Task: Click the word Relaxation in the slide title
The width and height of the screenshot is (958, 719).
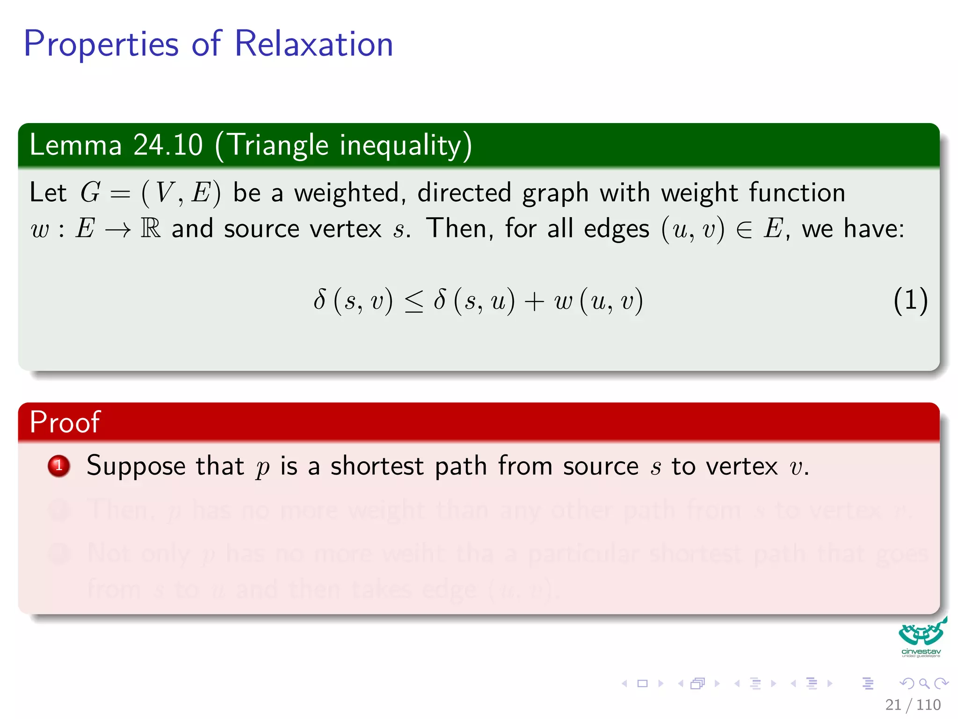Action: pyautogui.click(x=313, y=44)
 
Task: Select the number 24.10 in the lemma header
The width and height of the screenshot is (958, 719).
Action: pyautogui.click(x=168, y=145)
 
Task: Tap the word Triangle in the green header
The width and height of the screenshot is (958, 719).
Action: pyautogui.click(x=278, y=146)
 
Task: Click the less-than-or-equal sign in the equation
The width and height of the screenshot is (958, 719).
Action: pyautogui.click(x=414, y=301)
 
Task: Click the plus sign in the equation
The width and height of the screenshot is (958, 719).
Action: pyautogui.click(x=534, y=301)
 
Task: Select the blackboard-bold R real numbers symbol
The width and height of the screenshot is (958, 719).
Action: pyautogui.click(x=151, y=229)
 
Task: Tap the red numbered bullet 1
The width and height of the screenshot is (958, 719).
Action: pyautogui.click(x=59, y=466)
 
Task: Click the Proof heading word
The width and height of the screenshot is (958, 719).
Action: pyautogui.click(x=65, y=422)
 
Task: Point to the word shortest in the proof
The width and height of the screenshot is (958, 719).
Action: pyautogui.click(x=377, y=466)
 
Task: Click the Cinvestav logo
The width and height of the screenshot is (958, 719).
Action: pyautogui.click(x=921, y=638)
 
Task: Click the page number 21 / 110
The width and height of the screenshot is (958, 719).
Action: pyautogui.click(x=913, y=704)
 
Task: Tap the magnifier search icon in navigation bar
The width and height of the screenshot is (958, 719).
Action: pyautogui.click(x=924, y=683)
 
